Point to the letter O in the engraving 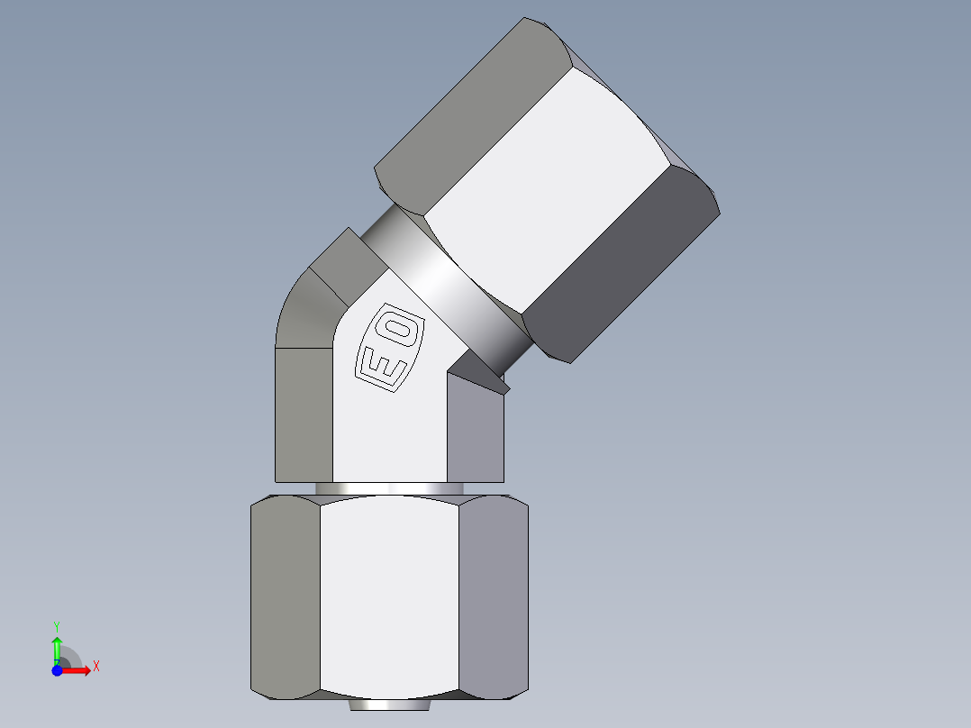[401, 331]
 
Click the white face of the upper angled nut [549, 189]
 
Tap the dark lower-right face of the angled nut [622, 261]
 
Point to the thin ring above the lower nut [389, 488]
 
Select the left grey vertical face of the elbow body [303, 414]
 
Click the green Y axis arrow [57, 647]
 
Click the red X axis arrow [77, 670]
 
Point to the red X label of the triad [95, 667]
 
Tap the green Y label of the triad [57, 624]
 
